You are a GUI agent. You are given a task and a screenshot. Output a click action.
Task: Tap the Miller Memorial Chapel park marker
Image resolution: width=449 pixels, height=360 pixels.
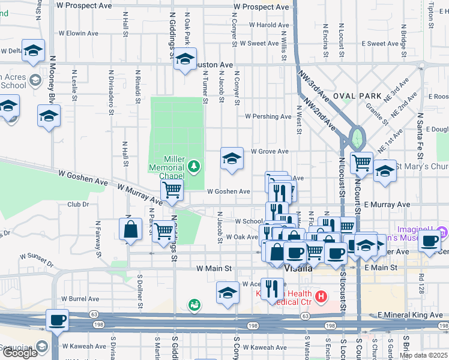click(x=194, y=166)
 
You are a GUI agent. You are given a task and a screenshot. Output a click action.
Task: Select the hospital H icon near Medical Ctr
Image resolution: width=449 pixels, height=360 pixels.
click(x=321, y=296)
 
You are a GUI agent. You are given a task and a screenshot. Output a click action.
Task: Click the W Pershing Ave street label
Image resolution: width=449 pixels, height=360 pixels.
click(x=268, y=116)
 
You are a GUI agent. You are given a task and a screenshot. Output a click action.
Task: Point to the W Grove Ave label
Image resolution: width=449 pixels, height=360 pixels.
click(x=270, y=151)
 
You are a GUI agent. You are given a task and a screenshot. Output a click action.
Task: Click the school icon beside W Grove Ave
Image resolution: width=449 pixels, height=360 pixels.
click(x=232, y=159)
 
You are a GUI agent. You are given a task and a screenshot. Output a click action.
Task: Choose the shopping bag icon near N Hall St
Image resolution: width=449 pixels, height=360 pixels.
click(x=130, y=229)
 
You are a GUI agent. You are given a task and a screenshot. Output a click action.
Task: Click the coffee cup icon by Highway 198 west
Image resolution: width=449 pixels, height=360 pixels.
click(x=57, y=320)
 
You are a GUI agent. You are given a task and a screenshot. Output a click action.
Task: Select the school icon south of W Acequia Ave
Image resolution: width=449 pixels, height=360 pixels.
click(x=227, y=293)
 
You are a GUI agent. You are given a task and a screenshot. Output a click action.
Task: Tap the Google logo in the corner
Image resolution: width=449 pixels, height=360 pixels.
click(x=20, y=353)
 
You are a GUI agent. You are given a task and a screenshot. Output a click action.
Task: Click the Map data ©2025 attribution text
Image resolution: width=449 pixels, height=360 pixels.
click(x=423, y=355)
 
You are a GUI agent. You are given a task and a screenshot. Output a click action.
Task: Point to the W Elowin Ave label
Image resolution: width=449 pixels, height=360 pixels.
click(x=77, y=34)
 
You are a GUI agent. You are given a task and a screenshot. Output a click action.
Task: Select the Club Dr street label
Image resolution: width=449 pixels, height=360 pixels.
click(x=78, y=204)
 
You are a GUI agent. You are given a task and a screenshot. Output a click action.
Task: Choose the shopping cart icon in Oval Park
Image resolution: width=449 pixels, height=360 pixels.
click(x=361, y=162)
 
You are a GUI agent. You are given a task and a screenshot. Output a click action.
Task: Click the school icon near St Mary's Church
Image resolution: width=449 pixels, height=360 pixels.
click(x=385, y=170)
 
